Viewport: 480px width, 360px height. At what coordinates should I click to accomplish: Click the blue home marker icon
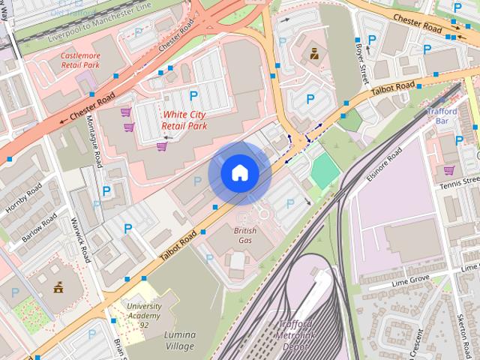(x=239, y=173)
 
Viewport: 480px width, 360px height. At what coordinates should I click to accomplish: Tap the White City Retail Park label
(x=184, y=120)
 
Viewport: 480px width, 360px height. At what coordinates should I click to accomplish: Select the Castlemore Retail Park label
(x=79, y=60)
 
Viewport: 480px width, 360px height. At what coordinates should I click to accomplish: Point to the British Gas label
(x=245, y=235)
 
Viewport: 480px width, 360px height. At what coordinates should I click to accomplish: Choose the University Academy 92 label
(x=144, y=315)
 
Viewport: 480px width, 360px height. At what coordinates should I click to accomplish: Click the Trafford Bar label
(x=442, y=115)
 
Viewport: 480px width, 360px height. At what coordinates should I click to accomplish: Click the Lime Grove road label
(x=409, y=280)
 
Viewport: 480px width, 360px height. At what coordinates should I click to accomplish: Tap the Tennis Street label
(x=459, y=183)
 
